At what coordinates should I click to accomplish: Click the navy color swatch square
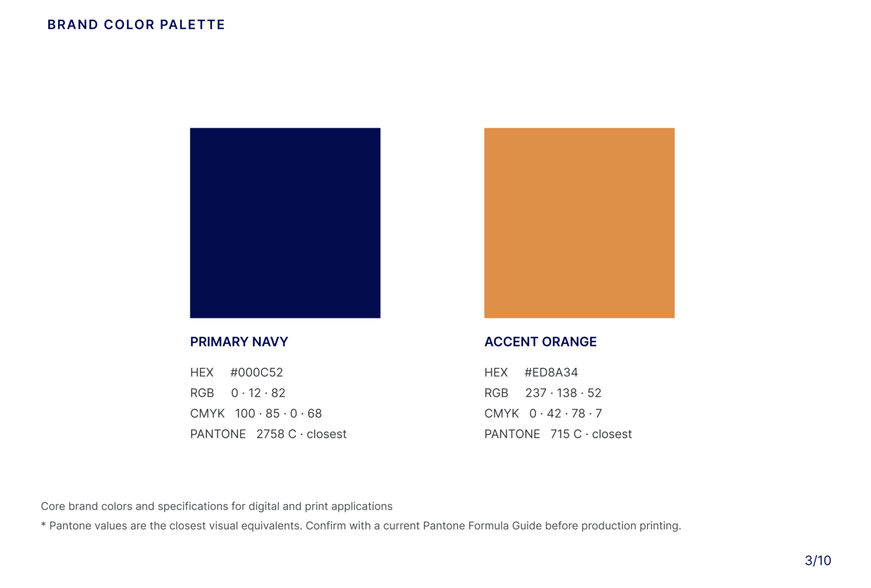tap(285, 223)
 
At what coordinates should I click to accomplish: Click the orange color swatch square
tap(580, 223)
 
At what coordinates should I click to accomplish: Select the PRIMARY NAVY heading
tap(239, 341)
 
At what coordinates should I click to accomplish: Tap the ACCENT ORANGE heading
tap(540, 341)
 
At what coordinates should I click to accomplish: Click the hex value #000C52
tap(257, 372)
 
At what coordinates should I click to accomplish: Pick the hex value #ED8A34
tap(551, 372)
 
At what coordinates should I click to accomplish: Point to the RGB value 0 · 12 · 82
tap(258, 393)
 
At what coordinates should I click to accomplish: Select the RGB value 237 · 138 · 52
tap(564, 393)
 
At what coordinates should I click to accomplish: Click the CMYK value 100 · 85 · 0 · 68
tap(278, 413)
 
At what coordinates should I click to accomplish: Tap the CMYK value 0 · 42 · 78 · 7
tap(565, 413)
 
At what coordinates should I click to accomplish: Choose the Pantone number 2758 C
tap(276, 434)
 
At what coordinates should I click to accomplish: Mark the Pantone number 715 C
tap(566, 434)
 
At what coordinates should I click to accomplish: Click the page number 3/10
tap(818, 561)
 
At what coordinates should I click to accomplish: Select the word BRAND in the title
tap(73, 24)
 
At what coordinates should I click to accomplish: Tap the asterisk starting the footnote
tap(44, 525)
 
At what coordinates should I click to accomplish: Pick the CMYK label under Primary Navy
tap(207, 413)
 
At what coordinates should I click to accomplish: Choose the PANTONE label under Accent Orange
tap(512, 434)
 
